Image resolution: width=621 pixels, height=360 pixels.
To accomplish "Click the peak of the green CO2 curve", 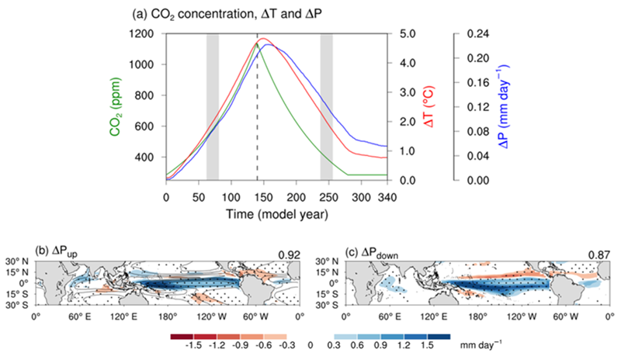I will tap(257, 43).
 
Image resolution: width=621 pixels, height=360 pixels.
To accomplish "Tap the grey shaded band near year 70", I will tap(213, 107).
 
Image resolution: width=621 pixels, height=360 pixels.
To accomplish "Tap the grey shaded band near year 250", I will tap(327, 107).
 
